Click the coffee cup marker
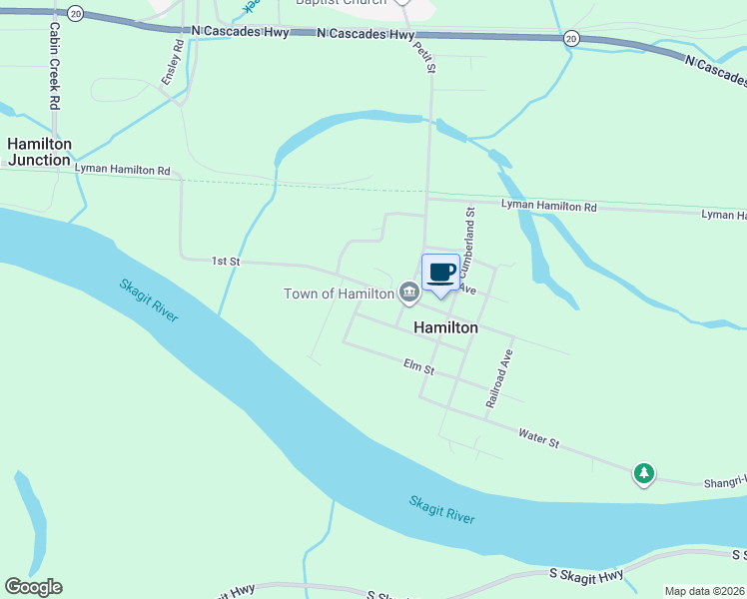[440, 273]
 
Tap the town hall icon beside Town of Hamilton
[408, 293]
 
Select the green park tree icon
[645, 472]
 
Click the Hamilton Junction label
[40, 152]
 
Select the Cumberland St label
[469, 238]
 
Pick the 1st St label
[226, 261]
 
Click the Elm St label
[419, 368]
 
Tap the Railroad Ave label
[499, 377]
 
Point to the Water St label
[539, 436]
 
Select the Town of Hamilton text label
[339, 294]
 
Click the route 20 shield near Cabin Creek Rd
[77, 15]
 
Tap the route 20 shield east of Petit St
[570, 38]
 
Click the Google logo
[33, 587]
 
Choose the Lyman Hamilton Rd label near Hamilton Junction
[122, 170]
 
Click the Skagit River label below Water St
[441, 508]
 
